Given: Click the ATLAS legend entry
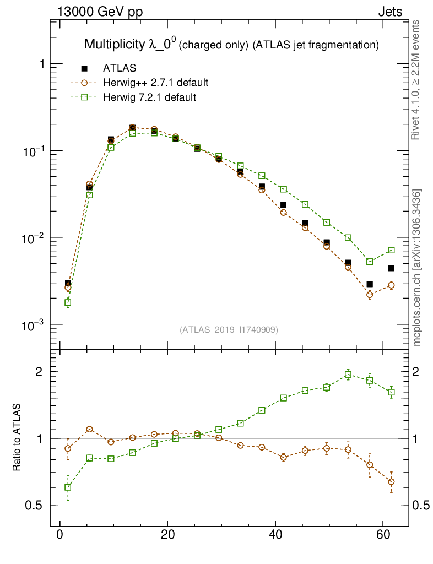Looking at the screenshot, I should point(120,68).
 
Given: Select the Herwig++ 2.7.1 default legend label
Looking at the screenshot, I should point(155,83).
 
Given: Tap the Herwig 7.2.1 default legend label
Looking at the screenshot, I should point(149,97).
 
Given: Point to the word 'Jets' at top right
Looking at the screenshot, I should point(389,12).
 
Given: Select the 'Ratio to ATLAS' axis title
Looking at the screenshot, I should point(17,437).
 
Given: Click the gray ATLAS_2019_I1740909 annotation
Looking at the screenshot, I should point(229,330).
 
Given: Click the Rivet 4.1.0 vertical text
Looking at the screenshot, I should point(417,80).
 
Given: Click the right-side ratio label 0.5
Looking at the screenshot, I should point(421,506).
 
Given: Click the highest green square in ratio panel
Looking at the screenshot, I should point(348,375).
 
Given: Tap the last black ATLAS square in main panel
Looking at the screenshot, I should point(391,268).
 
